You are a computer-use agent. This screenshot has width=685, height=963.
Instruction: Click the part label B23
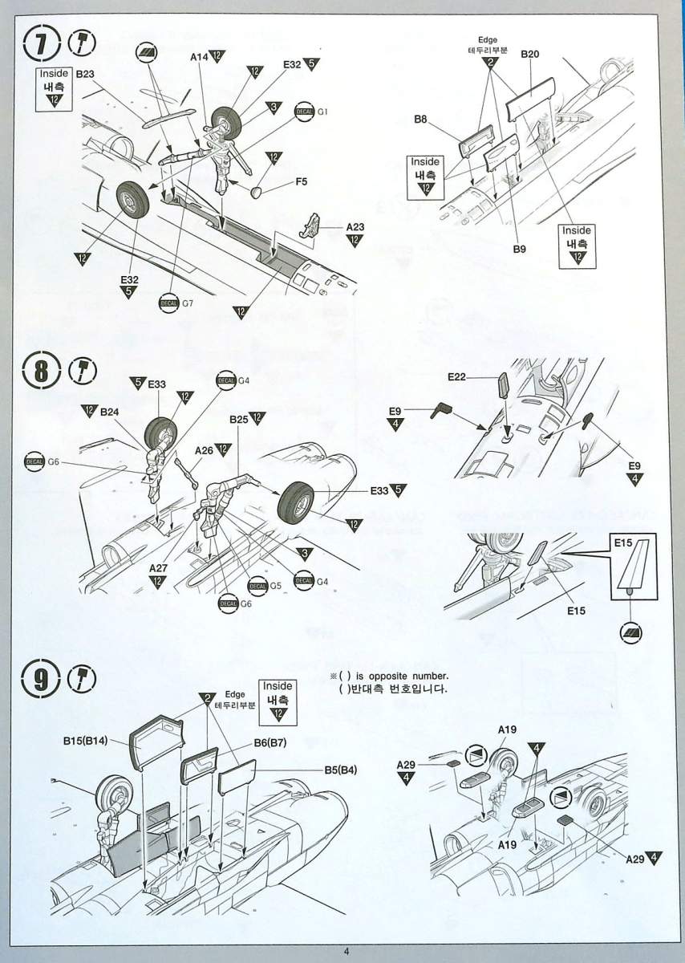[x=85, y=73]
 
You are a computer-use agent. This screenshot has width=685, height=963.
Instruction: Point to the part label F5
[x=301, y=181]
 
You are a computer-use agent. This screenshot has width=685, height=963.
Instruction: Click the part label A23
[x=355, y=227]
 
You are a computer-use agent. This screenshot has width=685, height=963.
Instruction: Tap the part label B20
[x=529, y=54]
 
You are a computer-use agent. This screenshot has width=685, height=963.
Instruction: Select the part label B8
[x=420, y=120]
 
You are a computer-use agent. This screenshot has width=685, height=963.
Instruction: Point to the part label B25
[x=238, y=419]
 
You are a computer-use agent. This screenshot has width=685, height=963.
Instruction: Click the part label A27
[x=157, y=567]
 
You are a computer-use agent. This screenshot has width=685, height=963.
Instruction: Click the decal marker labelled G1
[x=305, y=112]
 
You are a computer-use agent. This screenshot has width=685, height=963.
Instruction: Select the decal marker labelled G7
[x=169, y=303]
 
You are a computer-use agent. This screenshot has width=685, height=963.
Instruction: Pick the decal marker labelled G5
[x=257, y=585]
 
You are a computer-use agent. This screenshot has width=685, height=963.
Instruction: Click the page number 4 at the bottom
[x=346, y=952]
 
